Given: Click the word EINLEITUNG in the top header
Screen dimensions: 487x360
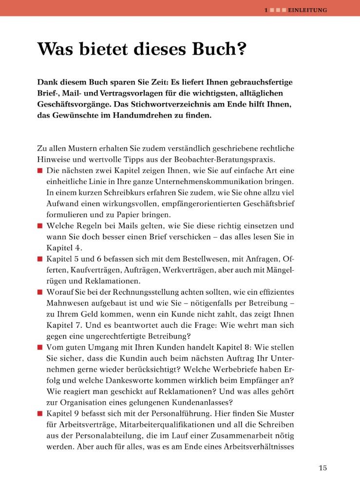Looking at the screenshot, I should pyautogui.click(x=307, y=9).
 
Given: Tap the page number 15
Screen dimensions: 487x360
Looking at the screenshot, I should pyautogui.click(x=322, y=468).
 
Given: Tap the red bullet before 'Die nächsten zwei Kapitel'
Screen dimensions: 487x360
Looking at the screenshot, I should pyautogui.click(x=39, y=171).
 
